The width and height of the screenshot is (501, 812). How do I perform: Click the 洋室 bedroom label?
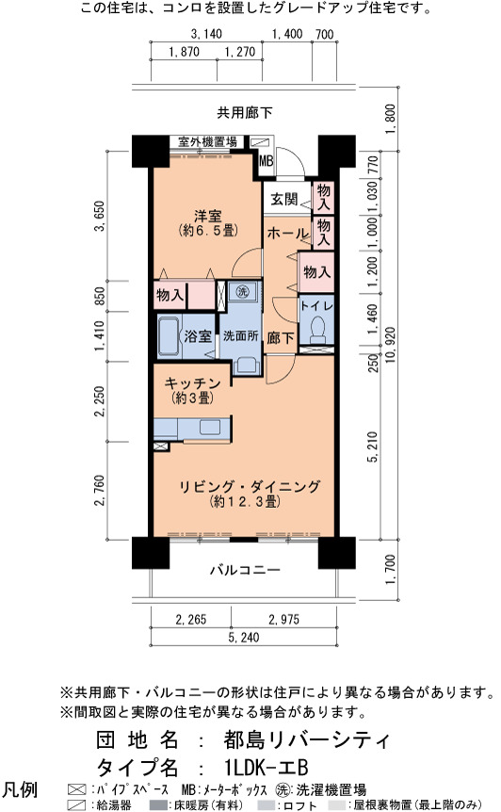coord(208,215)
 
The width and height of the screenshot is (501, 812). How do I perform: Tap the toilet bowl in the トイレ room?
coord(317,327)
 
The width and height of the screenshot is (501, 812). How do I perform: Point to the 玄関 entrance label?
coord(284,199)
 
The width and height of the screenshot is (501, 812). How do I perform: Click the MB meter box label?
coord(266,160)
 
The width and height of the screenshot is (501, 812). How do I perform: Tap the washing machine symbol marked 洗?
coord(242,291)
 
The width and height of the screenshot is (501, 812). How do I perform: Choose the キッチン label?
coord(192,383)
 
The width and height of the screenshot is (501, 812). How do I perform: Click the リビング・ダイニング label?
coord(250,487)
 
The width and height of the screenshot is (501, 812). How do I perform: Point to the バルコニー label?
coord(246,570)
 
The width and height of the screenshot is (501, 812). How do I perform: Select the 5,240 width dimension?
coord(244,637)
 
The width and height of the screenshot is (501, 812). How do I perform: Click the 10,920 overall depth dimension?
coord(390,345)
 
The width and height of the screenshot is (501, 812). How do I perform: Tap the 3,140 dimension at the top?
coord(206,34)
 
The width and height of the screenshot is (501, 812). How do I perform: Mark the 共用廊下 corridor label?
coord(245,112)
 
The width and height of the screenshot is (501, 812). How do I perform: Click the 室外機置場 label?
coord(207,141)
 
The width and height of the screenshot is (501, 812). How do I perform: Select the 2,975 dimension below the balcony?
coord(284,619)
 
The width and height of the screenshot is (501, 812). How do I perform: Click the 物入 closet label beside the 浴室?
coord(170,295)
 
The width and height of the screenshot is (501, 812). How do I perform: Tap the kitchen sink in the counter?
coord(210,428)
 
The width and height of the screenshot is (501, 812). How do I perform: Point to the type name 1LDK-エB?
coord(267,768)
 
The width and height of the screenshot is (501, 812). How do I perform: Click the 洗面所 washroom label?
coord(241,335)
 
